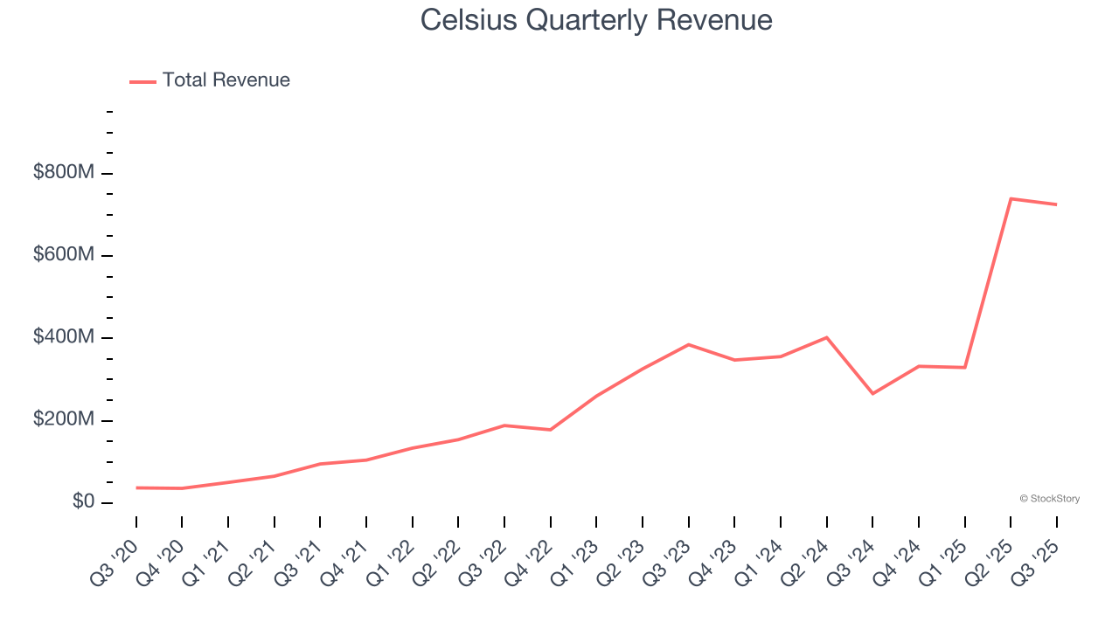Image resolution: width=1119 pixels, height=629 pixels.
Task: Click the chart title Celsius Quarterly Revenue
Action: click(596, 19)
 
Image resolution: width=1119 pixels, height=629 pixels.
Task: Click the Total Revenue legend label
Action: click(226, 80)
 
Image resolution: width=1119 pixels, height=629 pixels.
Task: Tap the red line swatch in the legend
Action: click(142, 81)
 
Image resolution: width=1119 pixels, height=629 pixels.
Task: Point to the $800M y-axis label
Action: click(64, 173)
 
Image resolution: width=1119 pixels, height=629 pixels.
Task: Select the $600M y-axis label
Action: click(64, 255)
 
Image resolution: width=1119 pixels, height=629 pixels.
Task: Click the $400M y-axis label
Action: click(64, 337)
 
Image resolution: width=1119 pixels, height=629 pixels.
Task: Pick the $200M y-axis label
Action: click(64, 420)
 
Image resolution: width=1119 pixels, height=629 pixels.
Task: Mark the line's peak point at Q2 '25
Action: click(1011, 198)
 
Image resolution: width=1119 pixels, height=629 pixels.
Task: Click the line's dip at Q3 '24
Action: click(872, 394)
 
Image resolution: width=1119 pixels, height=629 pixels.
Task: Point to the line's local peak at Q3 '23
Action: click(689, 344)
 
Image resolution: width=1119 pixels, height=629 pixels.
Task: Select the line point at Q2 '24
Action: click(827, 337)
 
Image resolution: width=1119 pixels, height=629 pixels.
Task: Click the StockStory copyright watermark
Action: click(1049, 499)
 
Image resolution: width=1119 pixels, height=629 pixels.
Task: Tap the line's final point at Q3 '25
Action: click(1056, 204)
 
